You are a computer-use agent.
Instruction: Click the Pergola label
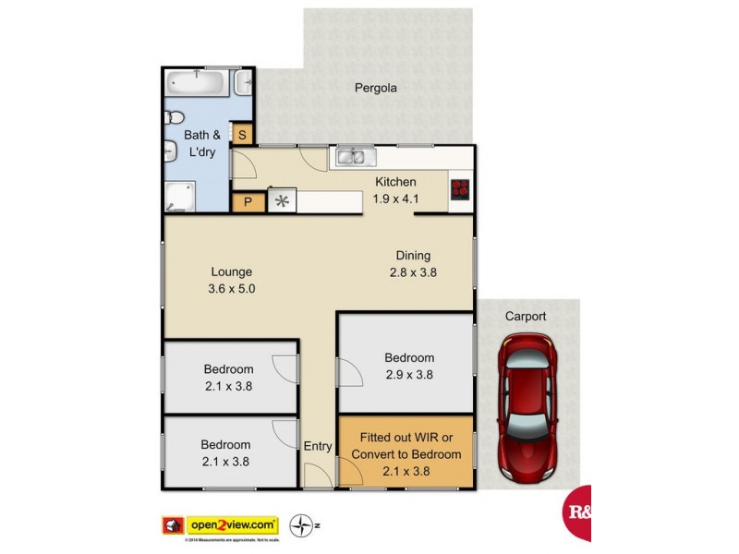click(x=376, y=89)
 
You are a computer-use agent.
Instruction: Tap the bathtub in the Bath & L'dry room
click(x=198, y=84)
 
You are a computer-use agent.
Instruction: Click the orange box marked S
click(x=242, y=135)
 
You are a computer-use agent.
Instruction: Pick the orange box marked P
click(x=248, y=202)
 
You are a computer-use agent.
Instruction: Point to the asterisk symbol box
click(x=282, y=202)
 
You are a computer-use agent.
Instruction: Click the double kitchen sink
click(x=352, y=158)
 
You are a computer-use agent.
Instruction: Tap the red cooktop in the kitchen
click(x=460, y=188)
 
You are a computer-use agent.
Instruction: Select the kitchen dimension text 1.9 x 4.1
click(x=395, y=198)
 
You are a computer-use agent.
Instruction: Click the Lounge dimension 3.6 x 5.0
click(x=232, y=288)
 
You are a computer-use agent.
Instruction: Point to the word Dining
click(x=413, y=256)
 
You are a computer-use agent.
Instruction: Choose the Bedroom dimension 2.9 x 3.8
click(x=409, y=375)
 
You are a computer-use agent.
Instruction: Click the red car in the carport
click(x=528, y=407)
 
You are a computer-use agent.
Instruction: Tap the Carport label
click(x=525, y=316)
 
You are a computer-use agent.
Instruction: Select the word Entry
click(x=318, y=446)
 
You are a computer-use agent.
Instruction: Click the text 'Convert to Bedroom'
click(x=406, y=454)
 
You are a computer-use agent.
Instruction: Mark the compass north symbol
click(x=300, y=525)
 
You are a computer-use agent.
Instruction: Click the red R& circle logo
click(x=577, y=512)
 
